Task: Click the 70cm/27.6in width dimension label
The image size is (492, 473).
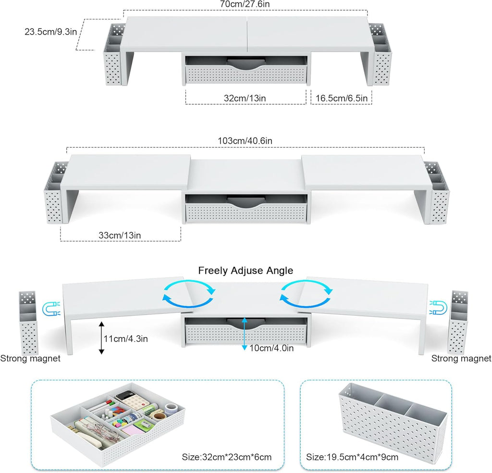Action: click(x=245, y=4)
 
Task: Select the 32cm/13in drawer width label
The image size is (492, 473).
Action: click(x=245, y=98)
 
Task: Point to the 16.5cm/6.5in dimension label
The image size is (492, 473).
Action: click(x=342, y=98)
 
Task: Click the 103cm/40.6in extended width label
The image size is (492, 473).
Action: click(x=245, y=140)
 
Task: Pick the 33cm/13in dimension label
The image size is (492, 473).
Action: click(x=119, y=235)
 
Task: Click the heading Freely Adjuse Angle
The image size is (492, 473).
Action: click(x=246, y=271)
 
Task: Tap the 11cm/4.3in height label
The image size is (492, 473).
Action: click(x=126, y=338)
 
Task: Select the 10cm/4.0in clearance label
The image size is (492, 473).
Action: click(x=271, y=348)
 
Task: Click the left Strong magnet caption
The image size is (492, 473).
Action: click(x=30, y=358)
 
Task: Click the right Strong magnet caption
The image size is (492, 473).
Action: click(x=461, y=358)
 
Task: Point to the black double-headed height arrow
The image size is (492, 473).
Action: click(x=101, y=338)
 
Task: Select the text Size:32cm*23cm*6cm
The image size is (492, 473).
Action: click(x=227, y=457)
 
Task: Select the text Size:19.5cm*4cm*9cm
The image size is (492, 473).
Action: click(x=353, y=457)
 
